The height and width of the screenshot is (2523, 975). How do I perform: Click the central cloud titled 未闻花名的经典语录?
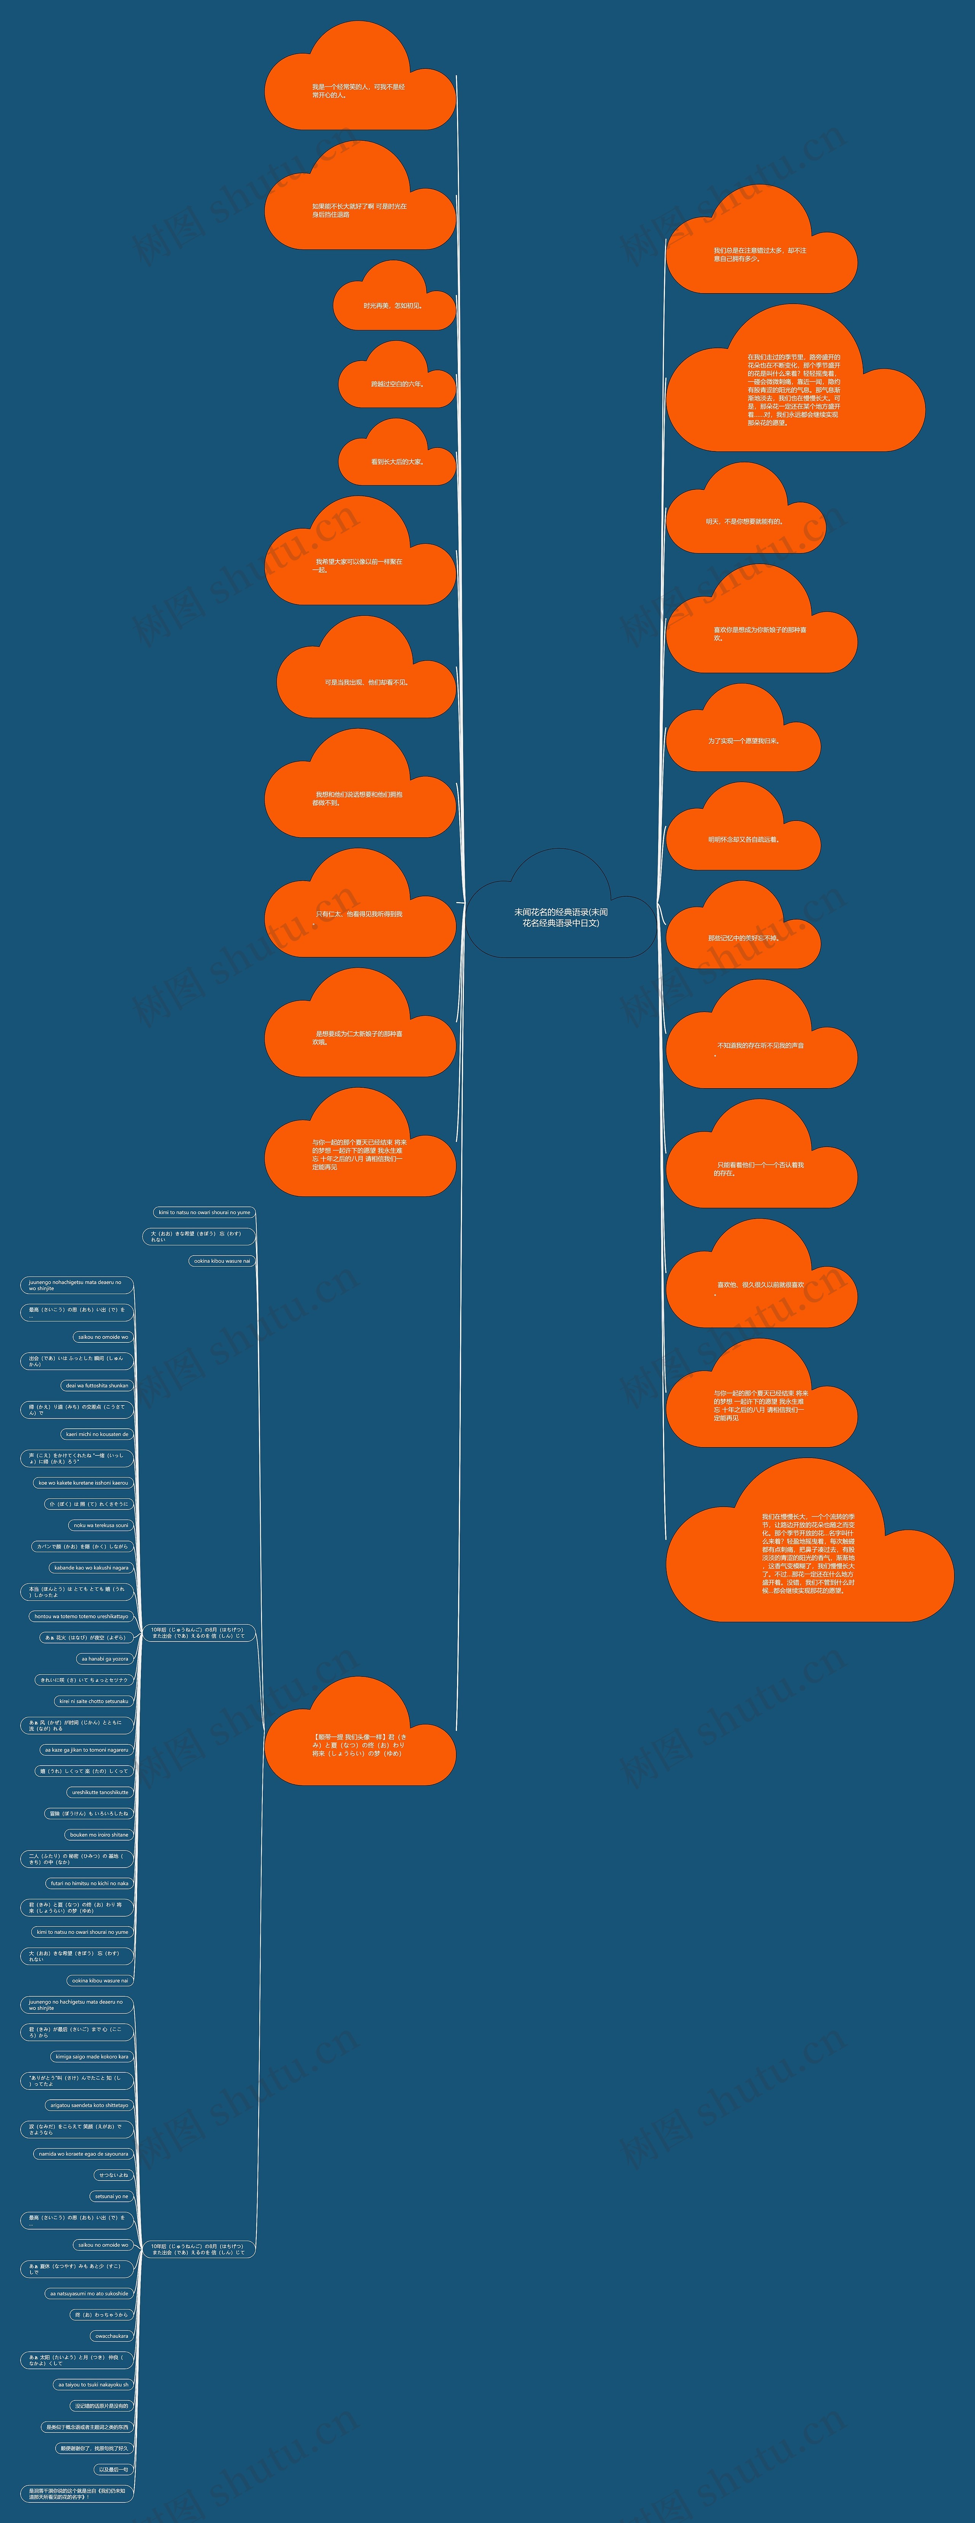click(x=561, y=917)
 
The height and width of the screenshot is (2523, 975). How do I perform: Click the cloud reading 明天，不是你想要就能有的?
click(x=745, y=521)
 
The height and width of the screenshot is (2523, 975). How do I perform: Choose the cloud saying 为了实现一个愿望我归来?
click(x=743, y=740)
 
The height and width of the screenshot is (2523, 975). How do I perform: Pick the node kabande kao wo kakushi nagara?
click(x=91, y=1567)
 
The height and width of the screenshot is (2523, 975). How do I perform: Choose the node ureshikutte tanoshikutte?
click(x=100, y=1791)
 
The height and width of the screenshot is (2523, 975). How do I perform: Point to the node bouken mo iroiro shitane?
click(x=98, y=1834)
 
